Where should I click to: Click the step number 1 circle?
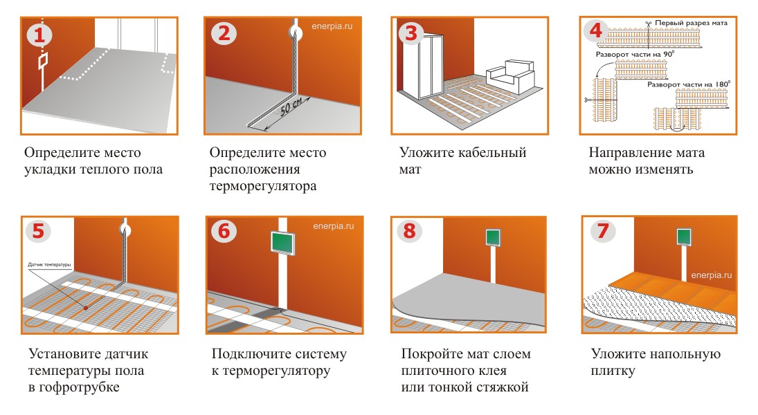tap(39, 35)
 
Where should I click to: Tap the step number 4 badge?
tap(595, 31)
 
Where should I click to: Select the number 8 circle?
tap(409, 231)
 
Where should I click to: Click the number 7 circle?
tap(602, 230)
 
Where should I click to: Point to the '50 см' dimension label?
tap(291, 107)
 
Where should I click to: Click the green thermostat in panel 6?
tap(283, 243)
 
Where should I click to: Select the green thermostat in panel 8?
tap(493, 237)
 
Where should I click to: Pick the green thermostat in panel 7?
tap(684, 237)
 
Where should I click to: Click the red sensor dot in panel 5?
tap(86, 307)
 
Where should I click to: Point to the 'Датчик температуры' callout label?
tap(49, 265)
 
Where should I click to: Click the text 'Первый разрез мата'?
tap(691, 23)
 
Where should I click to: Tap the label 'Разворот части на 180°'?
tap(689, 84)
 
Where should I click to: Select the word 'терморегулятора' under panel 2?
tap(263, 186)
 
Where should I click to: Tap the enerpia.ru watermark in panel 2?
tap(332, 26)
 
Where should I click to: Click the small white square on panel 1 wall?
tap(42, 60)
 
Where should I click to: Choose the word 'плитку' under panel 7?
tap(613, 371)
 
